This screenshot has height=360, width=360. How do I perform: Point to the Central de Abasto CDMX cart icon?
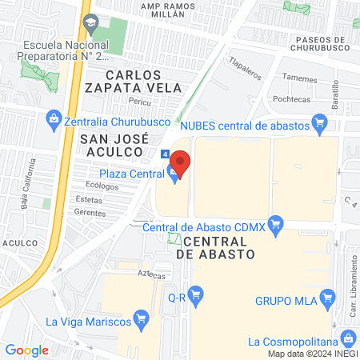(x=277, y=222)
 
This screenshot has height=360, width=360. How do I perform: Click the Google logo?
(x=26, y=350)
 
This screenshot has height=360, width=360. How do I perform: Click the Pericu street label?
(x=143, y=103)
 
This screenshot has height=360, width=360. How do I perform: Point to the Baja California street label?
(x=30, y=182)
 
